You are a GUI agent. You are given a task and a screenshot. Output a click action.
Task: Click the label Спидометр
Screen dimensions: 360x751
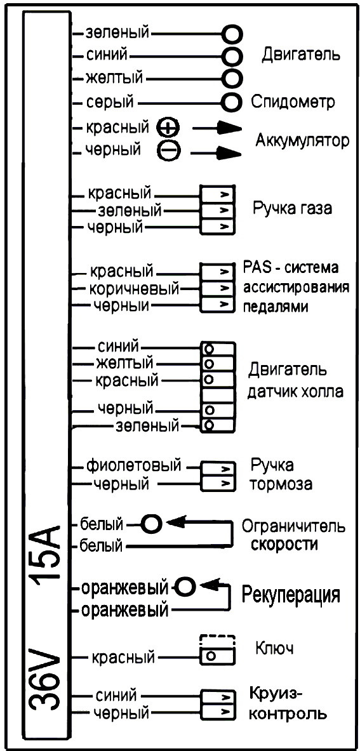[x=293, y=102]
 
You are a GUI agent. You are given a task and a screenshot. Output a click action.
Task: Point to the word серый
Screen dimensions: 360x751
[x=110, y=102]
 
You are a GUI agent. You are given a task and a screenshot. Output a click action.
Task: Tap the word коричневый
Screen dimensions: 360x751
[x=135, y=289]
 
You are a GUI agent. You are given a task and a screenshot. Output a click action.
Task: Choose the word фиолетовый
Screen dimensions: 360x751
[x=133, y=465]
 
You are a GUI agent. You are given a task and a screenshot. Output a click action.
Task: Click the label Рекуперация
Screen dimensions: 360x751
[x=291, y=595]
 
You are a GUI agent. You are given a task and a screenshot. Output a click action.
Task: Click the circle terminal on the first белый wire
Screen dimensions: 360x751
[x=151, y=524]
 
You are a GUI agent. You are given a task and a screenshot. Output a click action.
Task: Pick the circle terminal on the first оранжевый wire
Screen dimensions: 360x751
[x=186, y=585]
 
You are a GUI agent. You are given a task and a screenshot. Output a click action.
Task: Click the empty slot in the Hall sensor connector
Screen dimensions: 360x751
[x=218, y=395]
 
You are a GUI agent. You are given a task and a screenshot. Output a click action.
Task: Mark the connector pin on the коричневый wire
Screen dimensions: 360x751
[x=218, y=289]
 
